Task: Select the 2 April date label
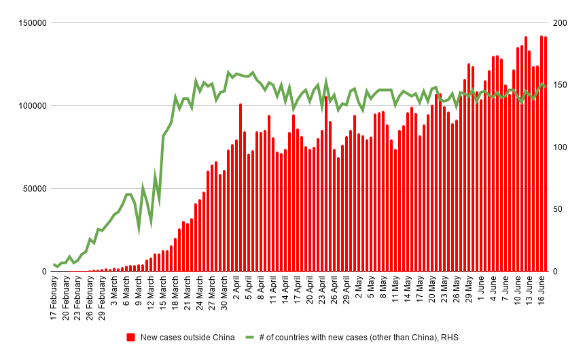[x=236, y=294]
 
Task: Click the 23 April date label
[x=322, y=295]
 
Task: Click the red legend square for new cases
[x=131, y=338]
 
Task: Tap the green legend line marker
[x=250, y=338]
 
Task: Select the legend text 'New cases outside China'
[x=188, y=338]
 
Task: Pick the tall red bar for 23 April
[x=326, y=183]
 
